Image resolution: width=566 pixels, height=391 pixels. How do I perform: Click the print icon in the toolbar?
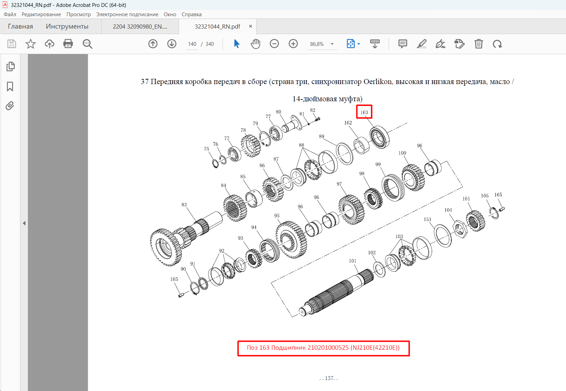(x=68, y=44)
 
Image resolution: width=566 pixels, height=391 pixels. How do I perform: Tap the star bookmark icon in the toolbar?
(x=31, y=44)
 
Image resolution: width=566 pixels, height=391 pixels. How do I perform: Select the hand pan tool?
(x=255, y=44)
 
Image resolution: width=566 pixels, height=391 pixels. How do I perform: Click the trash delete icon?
(x=479, y=44)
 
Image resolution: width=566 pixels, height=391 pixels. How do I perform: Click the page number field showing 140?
(x=192, y=44)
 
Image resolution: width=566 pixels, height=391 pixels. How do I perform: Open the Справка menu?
(x=191, y=14)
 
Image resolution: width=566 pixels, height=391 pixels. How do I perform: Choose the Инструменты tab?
(x=67, y=26)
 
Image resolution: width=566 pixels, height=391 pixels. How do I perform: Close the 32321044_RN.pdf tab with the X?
(x=250, y=26)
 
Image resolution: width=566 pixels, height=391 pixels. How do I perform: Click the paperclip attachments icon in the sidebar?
(x=10, y=106)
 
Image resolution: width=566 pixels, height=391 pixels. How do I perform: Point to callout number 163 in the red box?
(x=364, y=112)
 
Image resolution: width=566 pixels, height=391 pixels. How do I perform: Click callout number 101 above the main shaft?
(x=353, y=261)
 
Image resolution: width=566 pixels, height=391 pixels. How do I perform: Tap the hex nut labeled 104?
(x=460, y=229)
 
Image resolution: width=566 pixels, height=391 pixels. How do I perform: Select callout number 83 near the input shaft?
(x=184, y=205)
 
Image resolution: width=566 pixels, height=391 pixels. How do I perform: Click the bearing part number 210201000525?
(x=328, y=348)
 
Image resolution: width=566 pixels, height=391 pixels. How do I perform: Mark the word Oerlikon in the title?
(x=378, y=82)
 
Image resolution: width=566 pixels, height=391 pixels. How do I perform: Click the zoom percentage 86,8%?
(x=317, y=44)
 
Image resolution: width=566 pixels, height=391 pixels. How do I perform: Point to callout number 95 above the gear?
(x=277, y=216)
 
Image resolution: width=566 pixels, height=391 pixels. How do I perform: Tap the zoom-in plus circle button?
(x=293, y=44)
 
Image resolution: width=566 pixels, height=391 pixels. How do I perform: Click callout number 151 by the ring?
(x=427, y=219)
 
